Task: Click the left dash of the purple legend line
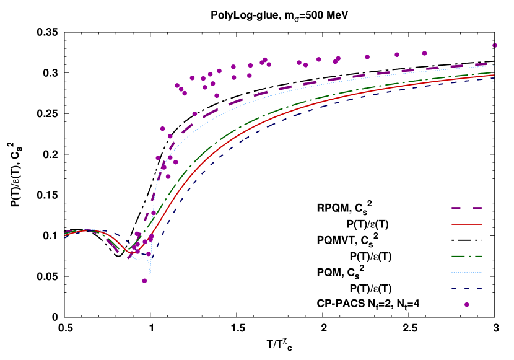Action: click(456, 208)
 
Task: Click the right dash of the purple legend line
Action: click(477, 208)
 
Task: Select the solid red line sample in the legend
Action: click(467, 224)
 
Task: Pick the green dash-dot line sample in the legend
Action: click(467, 256)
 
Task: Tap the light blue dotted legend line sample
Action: click(467, 272)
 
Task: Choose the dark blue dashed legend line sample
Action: click(467, 288)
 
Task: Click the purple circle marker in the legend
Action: click(467, 304)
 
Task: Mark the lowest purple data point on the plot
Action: click(144, 281)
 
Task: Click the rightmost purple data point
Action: click(495, 45)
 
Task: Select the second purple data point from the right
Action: click(424, 53)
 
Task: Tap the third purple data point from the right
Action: click(397, 55)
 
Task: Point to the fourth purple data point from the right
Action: click(367, 57)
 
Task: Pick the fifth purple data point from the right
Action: click(338, 58)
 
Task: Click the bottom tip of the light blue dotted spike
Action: click(150, 274)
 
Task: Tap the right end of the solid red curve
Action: click(494, 76)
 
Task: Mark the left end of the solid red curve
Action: click(65, 235)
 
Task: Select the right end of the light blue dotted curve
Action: click(494, 66)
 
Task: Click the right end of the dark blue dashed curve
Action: click(494, 77)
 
